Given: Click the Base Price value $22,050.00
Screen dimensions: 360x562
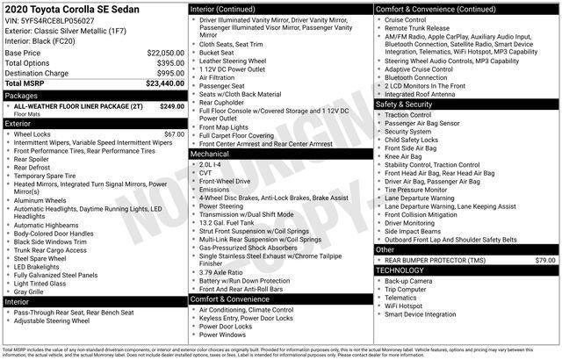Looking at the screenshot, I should click(x=165, y=54).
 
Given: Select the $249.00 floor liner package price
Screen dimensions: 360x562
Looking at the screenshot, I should click(x=172, y=106).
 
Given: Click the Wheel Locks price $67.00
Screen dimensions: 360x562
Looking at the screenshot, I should click(x=174, y=134).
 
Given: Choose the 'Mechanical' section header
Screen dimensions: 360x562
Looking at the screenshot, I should click(x=209, y=154).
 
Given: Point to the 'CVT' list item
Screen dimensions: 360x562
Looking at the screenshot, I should click(x=207, y=173).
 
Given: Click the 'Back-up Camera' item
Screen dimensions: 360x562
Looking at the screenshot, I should click(x=409, y=281).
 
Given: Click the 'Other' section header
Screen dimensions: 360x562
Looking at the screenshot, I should click(x=385, y=249).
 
